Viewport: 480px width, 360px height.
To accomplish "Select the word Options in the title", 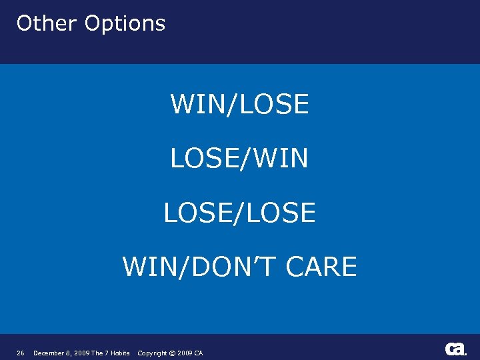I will click(125, 24).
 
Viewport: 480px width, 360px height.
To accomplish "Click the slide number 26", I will click(21, 353).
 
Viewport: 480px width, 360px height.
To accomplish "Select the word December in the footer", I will click(50, 353).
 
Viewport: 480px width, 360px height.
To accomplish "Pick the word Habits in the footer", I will click(120, 353).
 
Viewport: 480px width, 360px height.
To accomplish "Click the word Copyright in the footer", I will click(153, 353).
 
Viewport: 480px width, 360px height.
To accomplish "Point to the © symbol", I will click(173, 353).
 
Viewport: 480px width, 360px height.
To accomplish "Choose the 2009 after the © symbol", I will click(185, 353).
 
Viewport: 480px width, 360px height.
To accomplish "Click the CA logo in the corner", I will click(456, 349).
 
